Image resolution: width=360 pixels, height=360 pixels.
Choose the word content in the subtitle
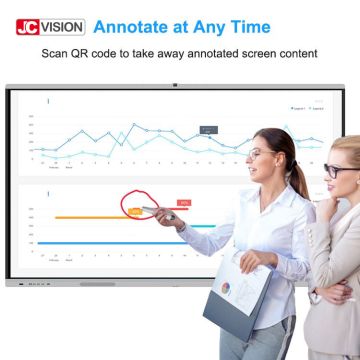pos(296,52)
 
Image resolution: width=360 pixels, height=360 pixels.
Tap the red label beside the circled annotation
pos(185,203)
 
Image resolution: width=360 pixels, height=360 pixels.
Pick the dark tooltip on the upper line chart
pos(208,130)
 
